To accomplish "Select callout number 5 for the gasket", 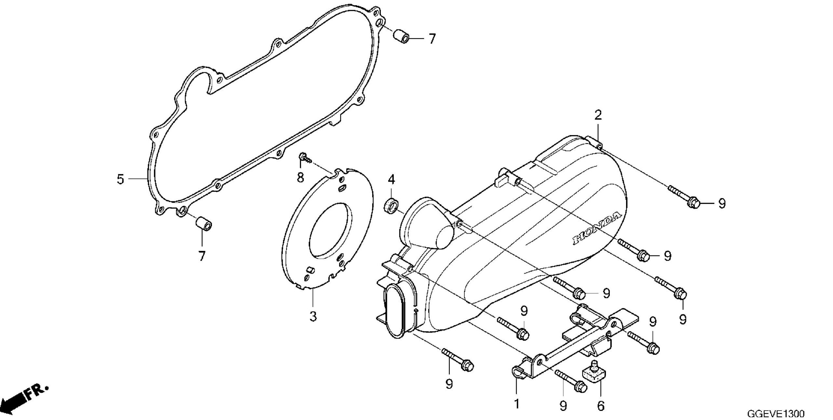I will coord(120,179).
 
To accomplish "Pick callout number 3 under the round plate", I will coord(313,316).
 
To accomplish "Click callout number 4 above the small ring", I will coord(391,179).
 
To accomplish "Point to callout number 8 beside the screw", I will coord(300,178).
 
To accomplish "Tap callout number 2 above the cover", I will coord(598,115).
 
